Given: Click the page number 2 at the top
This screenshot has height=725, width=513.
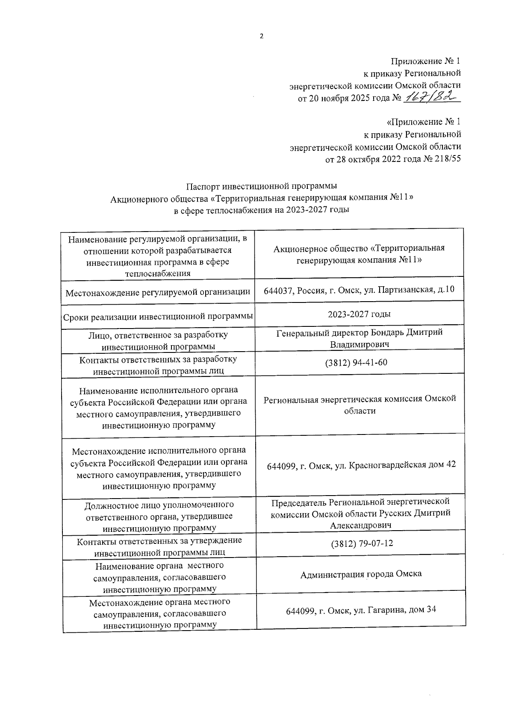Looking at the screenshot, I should tap(262, 36).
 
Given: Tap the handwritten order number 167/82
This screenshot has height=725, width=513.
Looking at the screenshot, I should tap(430, 98).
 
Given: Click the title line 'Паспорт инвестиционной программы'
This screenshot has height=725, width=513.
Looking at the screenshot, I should tap(262, 186).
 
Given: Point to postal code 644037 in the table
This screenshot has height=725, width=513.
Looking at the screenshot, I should tap(279, 290).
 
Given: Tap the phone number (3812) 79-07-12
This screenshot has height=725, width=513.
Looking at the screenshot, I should tap(362, 543).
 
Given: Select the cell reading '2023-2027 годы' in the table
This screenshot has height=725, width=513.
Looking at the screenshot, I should tap(359, 314).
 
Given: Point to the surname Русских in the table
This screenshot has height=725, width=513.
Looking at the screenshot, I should tap(394, 513).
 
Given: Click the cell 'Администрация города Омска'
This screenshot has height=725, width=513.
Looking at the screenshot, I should tap(361, 574).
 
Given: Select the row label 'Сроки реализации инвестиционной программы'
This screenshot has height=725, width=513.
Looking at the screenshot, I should tap(158, 317).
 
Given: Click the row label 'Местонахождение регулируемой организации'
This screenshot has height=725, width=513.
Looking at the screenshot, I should tap(158, 293).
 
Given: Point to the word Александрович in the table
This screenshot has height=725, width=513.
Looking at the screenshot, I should tap(361, 525).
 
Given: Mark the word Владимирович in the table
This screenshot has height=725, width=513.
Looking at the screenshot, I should tap(360, 344).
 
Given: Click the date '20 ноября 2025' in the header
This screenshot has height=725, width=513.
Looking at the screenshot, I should tap(340, 98).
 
